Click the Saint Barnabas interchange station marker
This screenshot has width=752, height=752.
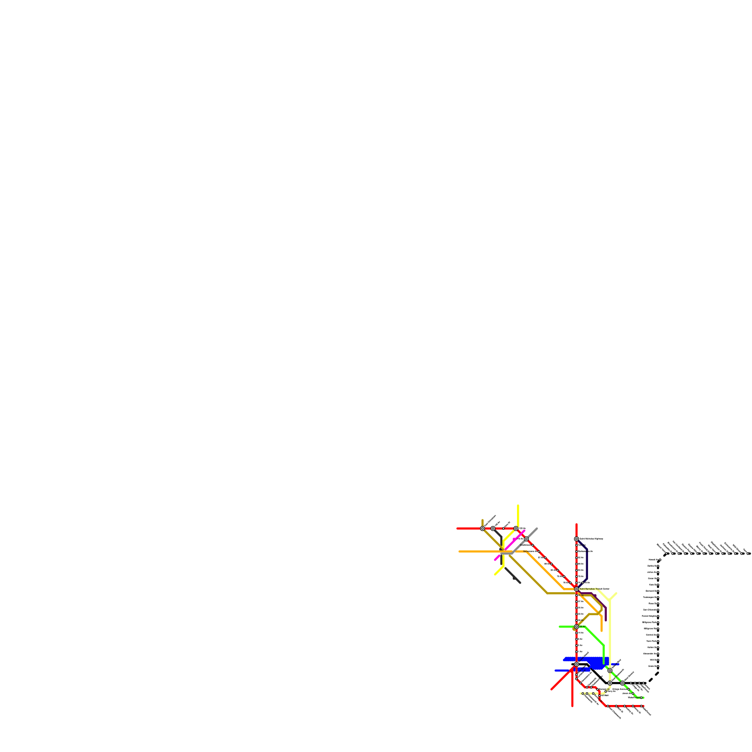576,589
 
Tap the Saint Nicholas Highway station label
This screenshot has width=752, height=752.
591,539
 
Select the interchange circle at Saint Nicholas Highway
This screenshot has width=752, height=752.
576,539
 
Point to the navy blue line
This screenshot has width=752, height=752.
587,564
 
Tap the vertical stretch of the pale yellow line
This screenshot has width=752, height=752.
610,630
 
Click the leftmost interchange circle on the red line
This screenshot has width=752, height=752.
482,529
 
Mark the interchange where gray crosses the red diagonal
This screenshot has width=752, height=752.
526,539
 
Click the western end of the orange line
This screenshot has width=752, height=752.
460,551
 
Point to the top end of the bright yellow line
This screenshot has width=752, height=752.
518,506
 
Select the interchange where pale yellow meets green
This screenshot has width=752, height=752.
610,671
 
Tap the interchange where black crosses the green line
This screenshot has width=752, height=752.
622,683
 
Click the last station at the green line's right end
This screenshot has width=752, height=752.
642,697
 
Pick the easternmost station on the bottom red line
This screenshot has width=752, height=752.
642,706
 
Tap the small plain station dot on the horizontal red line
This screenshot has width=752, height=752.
503,529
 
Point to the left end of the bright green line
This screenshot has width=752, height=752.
560,627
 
